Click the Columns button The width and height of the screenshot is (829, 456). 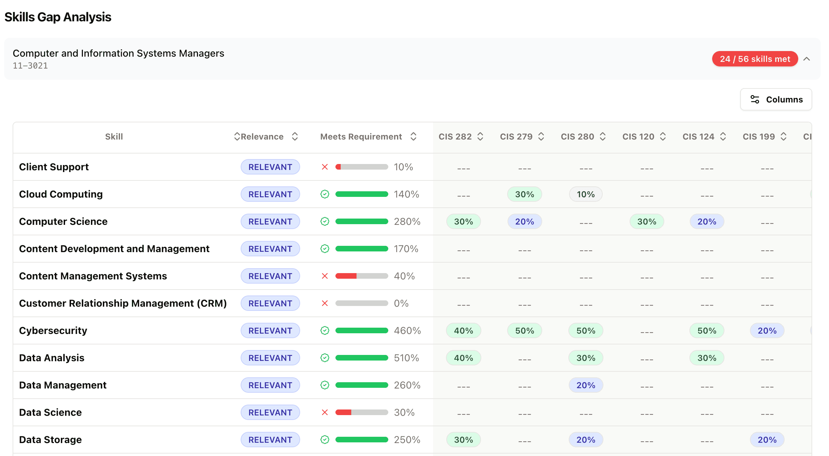tap(776, 100)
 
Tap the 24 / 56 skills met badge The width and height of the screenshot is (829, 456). tap(754, 59)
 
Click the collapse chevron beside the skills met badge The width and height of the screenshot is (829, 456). tap(807, 59)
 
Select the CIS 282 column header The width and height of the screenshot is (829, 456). tap(455, 137)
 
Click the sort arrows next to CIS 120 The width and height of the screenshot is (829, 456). tap(663, 137)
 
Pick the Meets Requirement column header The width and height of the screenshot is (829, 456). tap(361, 137)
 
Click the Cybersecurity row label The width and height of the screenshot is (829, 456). tap(53, 330)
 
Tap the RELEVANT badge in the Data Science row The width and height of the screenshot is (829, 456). tap(270, 412)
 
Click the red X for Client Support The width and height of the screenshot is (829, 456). tap(325, 167)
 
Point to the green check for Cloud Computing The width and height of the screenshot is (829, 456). tap(325, 194)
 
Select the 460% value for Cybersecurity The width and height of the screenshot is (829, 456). tap(407, 330)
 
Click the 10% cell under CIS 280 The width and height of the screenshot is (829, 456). tap(586, 194)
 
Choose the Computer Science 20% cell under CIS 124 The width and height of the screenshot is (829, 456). tap(707, 222)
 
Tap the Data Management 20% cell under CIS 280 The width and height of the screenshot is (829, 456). tap(586, 385)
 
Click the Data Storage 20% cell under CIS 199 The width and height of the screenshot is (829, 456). tap(767, 440)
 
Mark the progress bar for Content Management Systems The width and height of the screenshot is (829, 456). tap(361, 276)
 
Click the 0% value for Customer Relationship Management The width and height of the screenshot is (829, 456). tap(401, 303)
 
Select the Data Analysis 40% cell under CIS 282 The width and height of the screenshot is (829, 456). tap(463, 358)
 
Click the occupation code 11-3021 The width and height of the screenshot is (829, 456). tap(30, 66)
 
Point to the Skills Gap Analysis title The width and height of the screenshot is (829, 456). tap(58, 17)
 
